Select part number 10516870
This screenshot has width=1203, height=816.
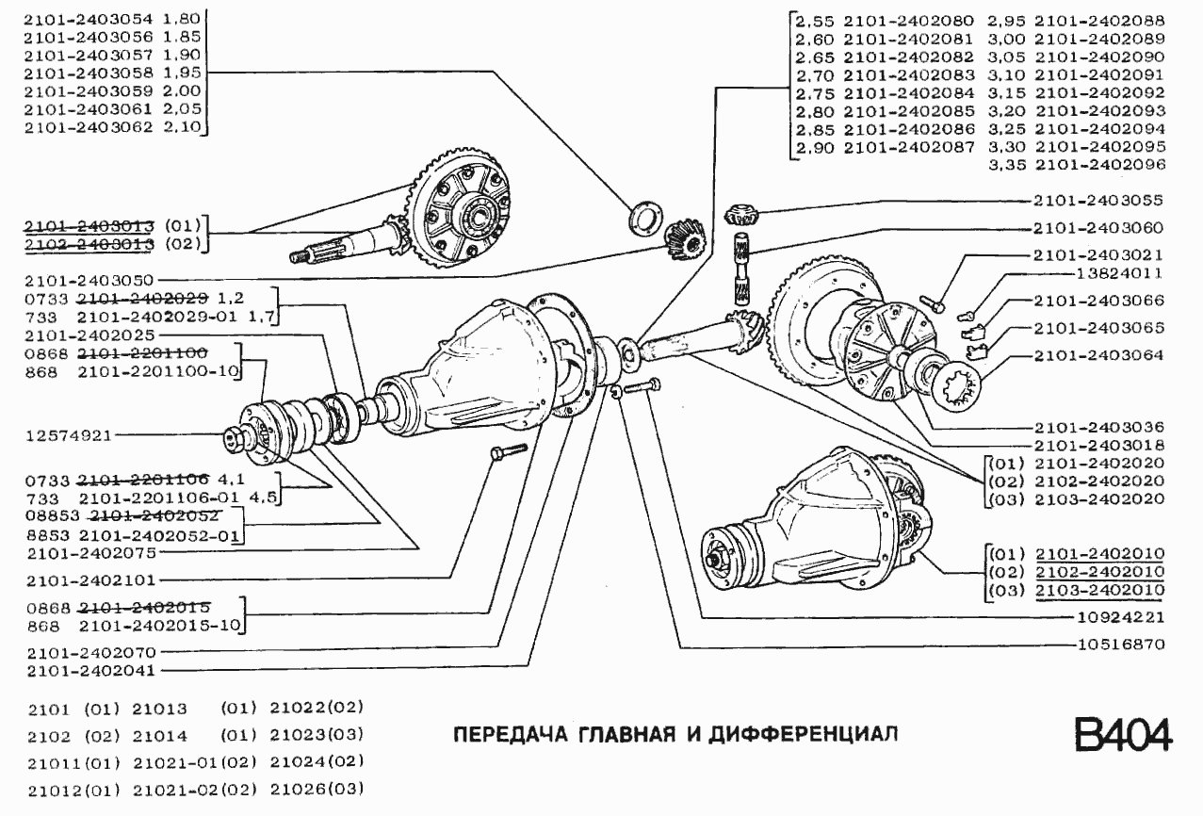(1120, 645)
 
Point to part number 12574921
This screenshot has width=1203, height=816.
(69, 435)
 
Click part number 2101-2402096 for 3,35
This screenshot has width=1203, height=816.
(1099, 164)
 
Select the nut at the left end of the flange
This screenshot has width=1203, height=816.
(234, 439)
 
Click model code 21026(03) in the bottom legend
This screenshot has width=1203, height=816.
(317, 788)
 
